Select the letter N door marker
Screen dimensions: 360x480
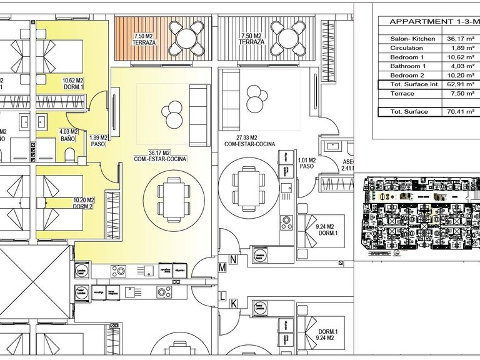[x=232, y=259]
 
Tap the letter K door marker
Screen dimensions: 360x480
[x=232, y=304]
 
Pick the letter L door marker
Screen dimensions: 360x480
[x=222, y=295]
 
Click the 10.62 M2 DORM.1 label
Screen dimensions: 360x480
[x=73, y=84]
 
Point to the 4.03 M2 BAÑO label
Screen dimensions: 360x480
[x=67, y=135]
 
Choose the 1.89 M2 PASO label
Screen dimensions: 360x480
[x=99, y=141]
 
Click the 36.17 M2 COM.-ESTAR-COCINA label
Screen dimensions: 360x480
[x=160, y=155]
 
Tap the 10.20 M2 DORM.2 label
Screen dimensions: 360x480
[x=83, y=203]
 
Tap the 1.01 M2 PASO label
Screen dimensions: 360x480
[x=306, y=164]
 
